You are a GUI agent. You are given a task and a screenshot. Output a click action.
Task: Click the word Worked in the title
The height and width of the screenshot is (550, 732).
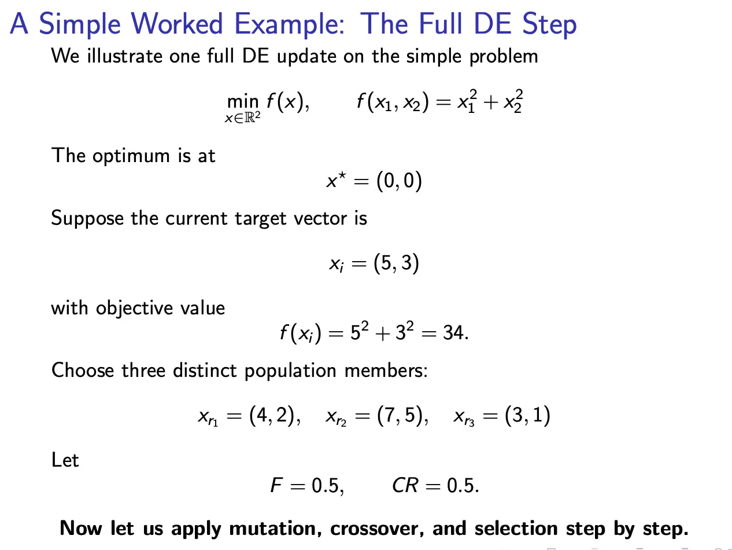point(176,24)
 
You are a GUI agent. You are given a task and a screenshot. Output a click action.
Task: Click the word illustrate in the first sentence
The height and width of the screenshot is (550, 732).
point(124,56)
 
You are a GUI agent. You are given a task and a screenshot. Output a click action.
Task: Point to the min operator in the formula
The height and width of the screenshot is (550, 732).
point(242,101)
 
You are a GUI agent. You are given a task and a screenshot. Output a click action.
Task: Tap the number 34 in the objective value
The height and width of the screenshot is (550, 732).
point(453,332)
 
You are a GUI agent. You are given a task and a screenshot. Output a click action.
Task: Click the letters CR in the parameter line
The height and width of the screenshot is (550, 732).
point(405,485)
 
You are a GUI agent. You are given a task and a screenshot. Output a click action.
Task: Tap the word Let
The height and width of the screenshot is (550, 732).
point(65,460)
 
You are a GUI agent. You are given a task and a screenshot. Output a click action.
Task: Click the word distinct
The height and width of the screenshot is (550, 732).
point(205,371)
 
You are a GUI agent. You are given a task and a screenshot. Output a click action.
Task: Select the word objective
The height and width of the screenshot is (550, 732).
point(134,308)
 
